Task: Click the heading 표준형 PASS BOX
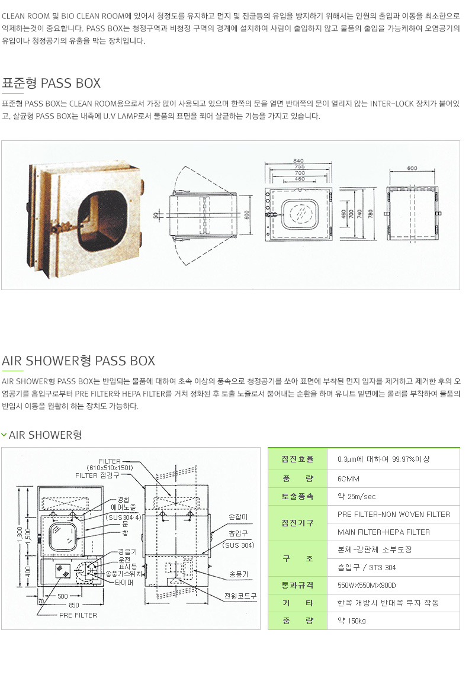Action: tap(52, 83)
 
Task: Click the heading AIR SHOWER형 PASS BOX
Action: tap(78, 361)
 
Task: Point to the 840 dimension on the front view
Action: tap(298, 160)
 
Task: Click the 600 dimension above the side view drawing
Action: tap(412, 168)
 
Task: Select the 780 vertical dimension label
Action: tap(370, 213)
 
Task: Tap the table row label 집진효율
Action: tap(297, 459)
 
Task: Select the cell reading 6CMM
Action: tap(348, 478)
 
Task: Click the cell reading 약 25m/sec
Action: tap(357, 496)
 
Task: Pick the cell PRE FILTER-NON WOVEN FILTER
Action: tap(394, 515)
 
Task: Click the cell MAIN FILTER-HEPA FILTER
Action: tap(384, 532)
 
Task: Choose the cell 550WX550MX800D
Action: tap(367, 586)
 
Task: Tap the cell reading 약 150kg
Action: tap(352, 621)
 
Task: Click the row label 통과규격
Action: tap(297, 586)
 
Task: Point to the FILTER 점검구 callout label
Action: tap(97, 475)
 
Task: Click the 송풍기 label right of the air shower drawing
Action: tap(238, 574)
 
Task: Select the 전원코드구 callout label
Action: tap(240, 596)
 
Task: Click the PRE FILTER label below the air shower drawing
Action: tap(78, 615)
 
